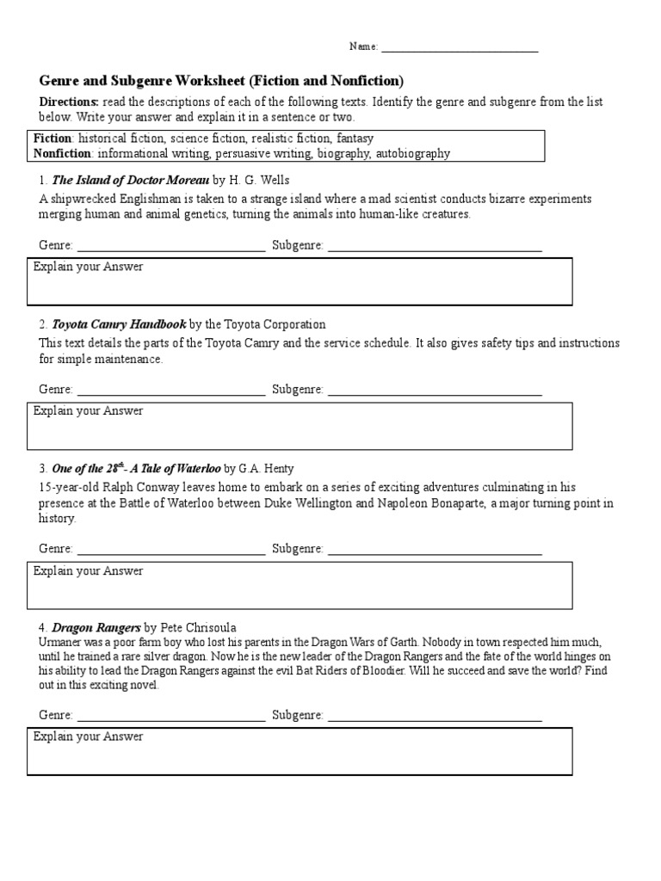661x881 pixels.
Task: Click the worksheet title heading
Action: coord(221,81)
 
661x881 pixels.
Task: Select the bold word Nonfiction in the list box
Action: coord(62,153)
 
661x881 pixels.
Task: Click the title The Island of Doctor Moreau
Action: coord(130,181)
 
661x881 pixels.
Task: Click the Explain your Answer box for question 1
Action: coord(300,281)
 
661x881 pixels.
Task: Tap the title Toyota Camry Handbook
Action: coord(119,324)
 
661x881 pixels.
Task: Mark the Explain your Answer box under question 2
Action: coord(300,426)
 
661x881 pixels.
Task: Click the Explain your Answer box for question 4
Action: coord(300,751)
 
